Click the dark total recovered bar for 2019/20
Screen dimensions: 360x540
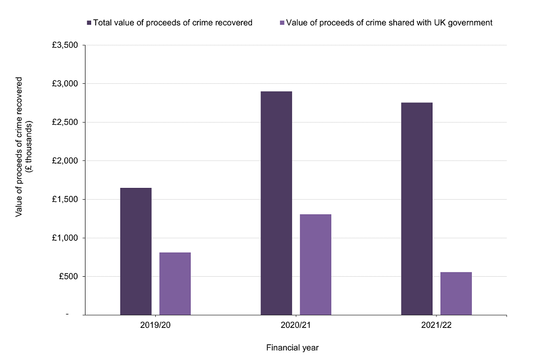tap(136, 251)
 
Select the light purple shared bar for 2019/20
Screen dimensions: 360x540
tap(175, 283)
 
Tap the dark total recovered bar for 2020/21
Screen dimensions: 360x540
tap(276, 203)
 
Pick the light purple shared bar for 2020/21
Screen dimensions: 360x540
tap(316, 264)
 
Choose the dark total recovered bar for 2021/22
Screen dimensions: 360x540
tap(417, 209)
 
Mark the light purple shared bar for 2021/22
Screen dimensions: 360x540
tap(456, 293)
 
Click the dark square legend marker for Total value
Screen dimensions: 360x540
tap(89, 23)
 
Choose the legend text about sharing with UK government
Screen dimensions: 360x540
tap(389, 23)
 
